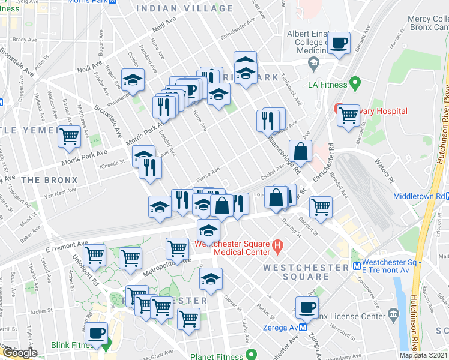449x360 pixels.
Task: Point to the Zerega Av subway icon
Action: pyautogui.click(x=303, y=328)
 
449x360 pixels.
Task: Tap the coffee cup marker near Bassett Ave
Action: pyautogui.click(x=339, y=43)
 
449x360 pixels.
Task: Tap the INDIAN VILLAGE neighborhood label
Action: pyautogui.click(x=184, y=8)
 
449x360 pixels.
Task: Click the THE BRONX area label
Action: pyautogui.click(x=49, y=179)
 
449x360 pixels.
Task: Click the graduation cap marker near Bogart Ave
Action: pyautogui.click(x=133, y=80)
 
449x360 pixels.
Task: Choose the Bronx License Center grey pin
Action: pyautogui.click(x=393, y=314)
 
